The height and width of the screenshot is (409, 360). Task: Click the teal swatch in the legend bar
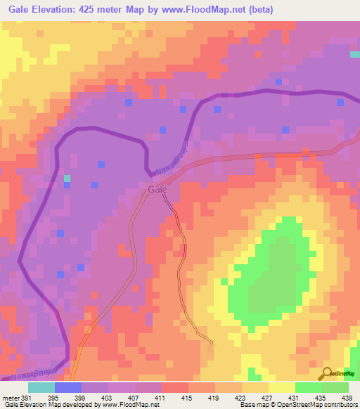tap(41, 387)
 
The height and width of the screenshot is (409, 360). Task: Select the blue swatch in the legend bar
tap(67, 387)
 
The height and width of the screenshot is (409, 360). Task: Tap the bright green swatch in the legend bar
tap(308, 387)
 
